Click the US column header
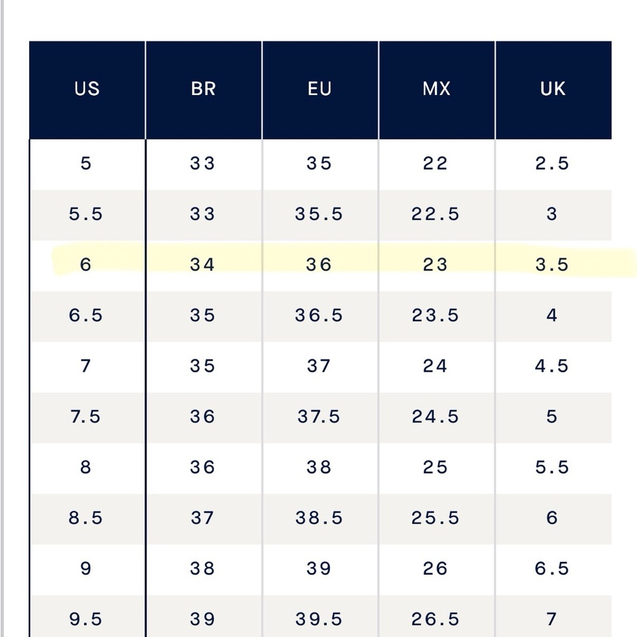[x=87, y=89]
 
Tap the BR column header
[x=203, y=89]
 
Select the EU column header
[x=319, y=89]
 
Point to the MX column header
[x=436, y=89]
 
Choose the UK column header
[x=552, y=89]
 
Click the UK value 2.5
[x=552, y=163]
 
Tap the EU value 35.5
[x=319, y=214]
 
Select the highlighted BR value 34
[x=202, y=265]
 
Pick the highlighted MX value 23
[x=435, y=265]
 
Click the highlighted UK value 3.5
[x=552, y=265]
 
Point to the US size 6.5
[x=85, y=315]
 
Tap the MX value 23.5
[x=435, y=315]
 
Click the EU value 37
[x=319, y=366]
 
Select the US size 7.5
[x=85, y=417]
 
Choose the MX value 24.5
[x=435, y=417]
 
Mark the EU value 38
[x=319, y=467]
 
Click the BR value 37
[x=202, y=518]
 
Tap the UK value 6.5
[x=552, y=568]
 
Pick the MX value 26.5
[x=435, y=619]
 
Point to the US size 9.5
[x=85, y=619]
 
